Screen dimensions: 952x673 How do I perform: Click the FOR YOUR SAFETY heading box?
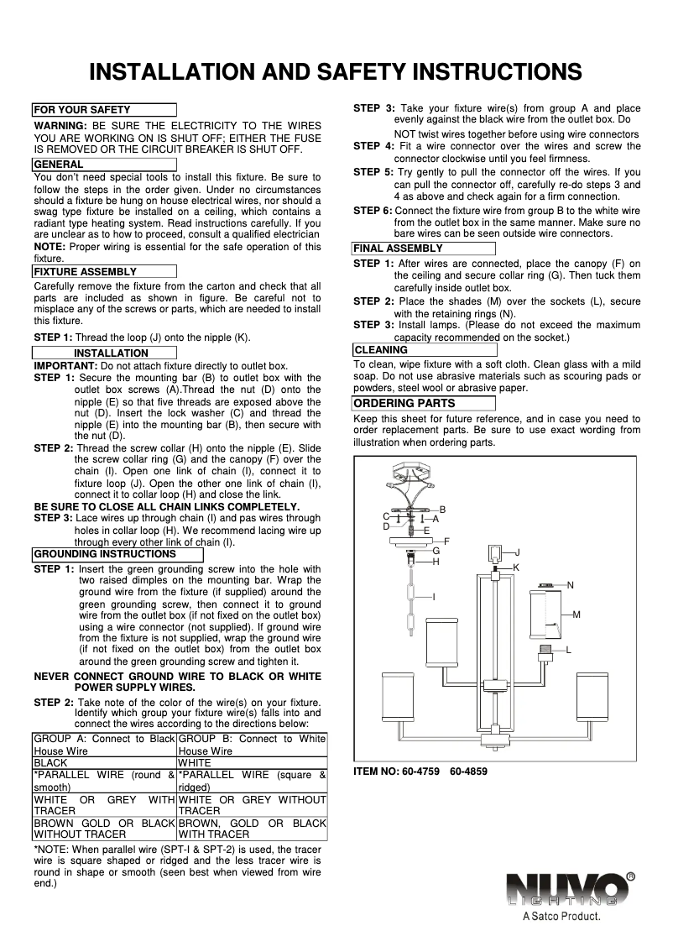tap(104, 110)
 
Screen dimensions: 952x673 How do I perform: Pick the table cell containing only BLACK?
tap(105, 763)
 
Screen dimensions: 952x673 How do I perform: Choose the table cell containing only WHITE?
tap(253, 763)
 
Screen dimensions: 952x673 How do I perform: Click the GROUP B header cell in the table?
tap(253, 745)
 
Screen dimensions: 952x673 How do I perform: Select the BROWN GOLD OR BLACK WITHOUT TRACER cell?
tap(105, 829)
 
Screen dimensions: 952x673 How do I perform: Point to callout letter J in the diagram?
tap(517, 552)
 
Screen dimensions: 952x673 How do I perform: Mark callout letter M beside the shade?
tap(576, 615)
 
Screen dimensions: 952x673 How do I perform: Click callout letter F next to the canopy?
tap(447, 541)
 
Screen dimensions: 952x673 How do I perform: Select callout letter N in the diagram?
tap(571, 584)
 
